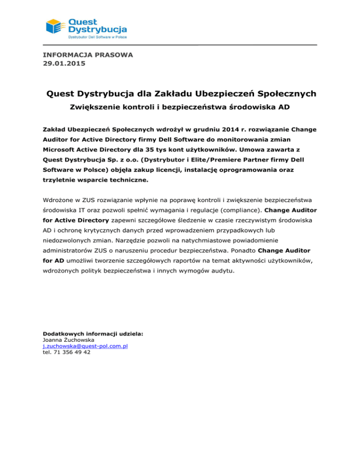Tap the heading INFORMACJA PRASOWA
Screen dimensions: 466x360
[88, 55]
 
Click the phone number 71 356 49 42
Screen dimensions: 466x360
[67, 353]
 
